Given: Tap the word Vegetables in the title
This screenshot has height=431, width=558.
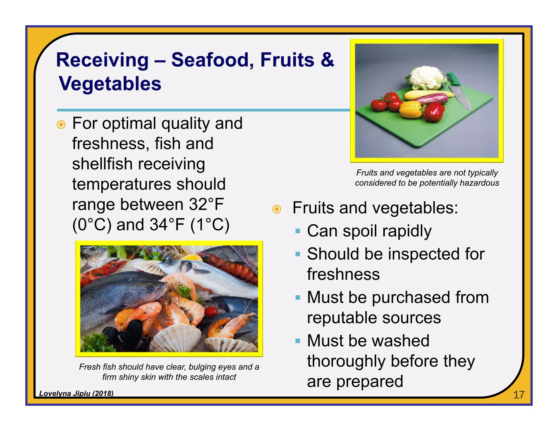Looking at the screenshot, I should pyautogui.click(x=110, y=84).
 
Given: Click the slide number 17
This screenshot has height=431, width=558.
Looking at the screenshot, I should pyautogui.click(x=518, y=395).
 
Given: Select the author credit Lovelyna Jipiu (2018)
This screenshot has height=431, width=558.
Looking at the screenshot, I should pyautogui.click(x=76, y=393).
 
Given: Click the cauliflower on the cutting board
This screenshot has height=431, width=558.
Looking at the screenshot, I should pyautogui.click(x=425, y=78).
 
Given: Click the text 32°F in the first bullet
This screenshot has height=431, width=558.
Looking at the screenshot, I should pyautogui.click(x=206, y=204).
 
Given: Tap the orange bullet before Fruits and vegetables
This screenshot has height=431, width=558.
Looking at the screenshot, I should pyautogui.click(x=277, y=209).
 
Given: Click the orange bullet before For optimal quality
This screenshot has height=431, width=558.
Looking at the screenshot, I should pyautogui.click(x=61, y=125).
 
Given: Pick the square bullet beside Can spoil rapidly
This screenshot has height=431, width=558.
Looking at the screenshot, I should pyautogui.click(x=298, y=231).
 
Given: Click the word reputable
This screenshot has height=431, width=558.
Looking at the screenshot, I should pyautogui.click(x=342, y=318).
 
